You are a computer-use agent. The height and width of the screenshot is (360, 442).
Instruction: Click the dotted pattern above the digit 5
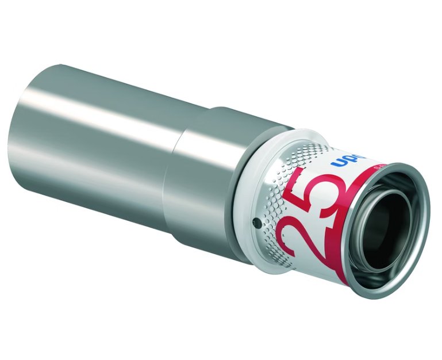[305, 155]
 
